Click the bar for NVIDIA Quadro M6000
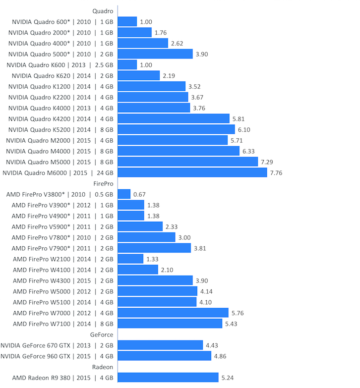[x=192, y=172]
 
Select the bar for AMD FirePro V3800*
[x=124, y=194]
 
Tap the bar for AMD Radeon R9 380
[x=168, y=378]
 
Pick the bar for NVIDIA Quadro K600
[x=127, y=65]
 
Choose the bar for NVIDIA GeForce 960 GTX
[x=165, y=356]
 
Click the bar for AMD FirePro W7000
[x=173, y=313]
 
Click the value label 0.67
[x=139, y=194]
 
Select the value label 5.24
[x=228, y=378]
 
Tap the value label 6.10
[x=244, y=129]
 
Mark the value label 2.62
[x=177, y=43]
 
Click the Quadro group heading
[x=103, y=10]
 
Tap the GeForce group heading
[x=102, y=334]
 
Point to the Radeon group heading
[x=103, y=367]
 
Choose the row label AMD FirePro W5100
[x=63, y=302]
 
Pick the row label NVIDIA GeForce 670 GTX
[x=57, y=345]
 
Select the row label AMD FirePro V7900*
[x=62, y=248]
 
